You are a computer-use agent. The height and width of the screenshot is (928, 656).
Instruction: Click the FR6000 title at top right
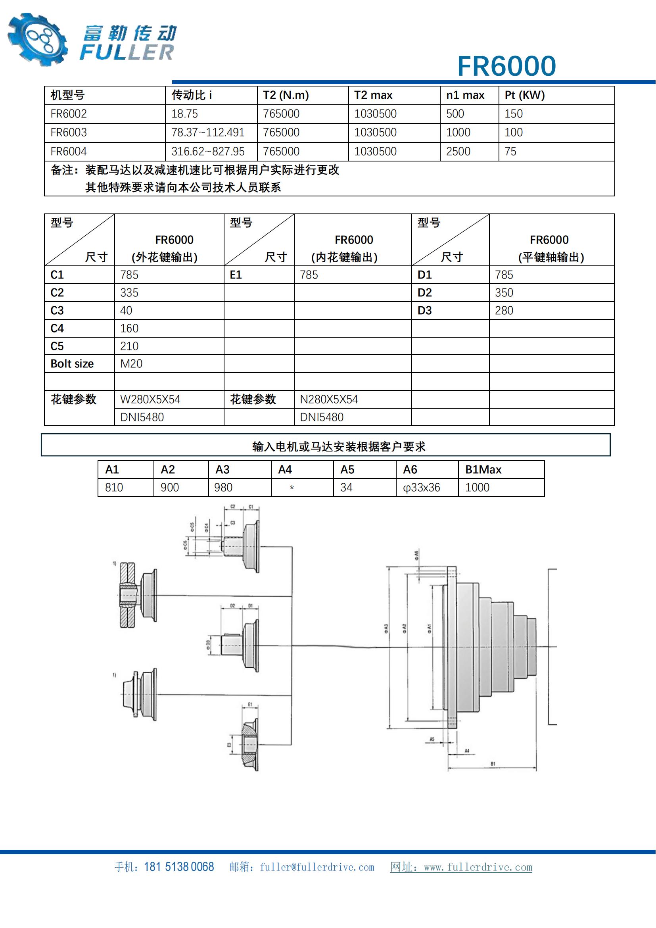click(506, 66)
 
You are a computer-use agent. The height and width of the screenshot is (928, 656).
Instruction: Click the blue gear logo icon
click(38, 39)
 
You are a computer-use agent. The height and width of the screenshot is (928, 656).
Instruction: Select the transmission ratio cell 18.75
click(184, 114)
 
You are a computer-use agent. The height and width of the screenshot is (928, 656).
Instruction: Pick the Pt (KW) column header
click(524, 95)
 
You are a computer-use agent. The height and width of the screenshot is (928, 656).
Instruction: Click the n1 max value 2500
click(458, 152)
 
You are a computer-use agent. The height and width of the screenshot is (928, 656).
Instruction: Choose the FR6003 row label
click(69, 133)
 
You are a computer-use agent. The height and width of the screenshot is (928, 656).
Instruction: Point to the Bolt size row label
click(72, 364)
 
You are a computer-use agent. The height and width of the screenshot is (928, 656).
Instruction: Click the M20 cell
click(131, 364)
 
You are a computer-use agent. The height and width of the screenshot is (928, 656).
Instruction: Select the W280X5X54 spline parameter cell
click(150, 400)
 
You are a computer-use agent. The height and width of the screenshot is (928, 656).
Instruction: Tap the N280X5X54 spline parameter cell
click(329, 400)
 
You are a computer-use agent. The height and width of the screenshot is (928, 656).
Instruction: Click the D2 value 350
click(504, 293)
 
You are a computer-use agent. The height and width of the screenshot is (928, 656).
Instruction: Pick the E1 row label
click(236, 275)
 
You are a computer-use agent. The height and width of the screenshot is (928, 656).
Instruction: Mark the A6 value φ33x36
click(421, 488)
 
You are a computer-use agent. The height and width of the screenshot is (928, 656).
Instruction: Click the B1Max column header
click(483, 470)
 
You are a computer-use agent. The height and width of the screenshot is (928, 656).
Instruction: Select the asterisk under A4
click(292, 488)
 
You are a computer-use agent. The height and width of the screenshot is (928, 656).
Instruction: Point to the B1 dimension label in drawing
click(493, 764)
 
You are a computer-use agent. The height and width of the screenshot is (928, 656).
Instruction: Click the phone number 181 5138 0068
click(178, 867)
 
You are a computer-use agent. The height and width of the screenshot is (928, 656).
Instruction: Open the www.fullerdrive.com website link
click(478, 867)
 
